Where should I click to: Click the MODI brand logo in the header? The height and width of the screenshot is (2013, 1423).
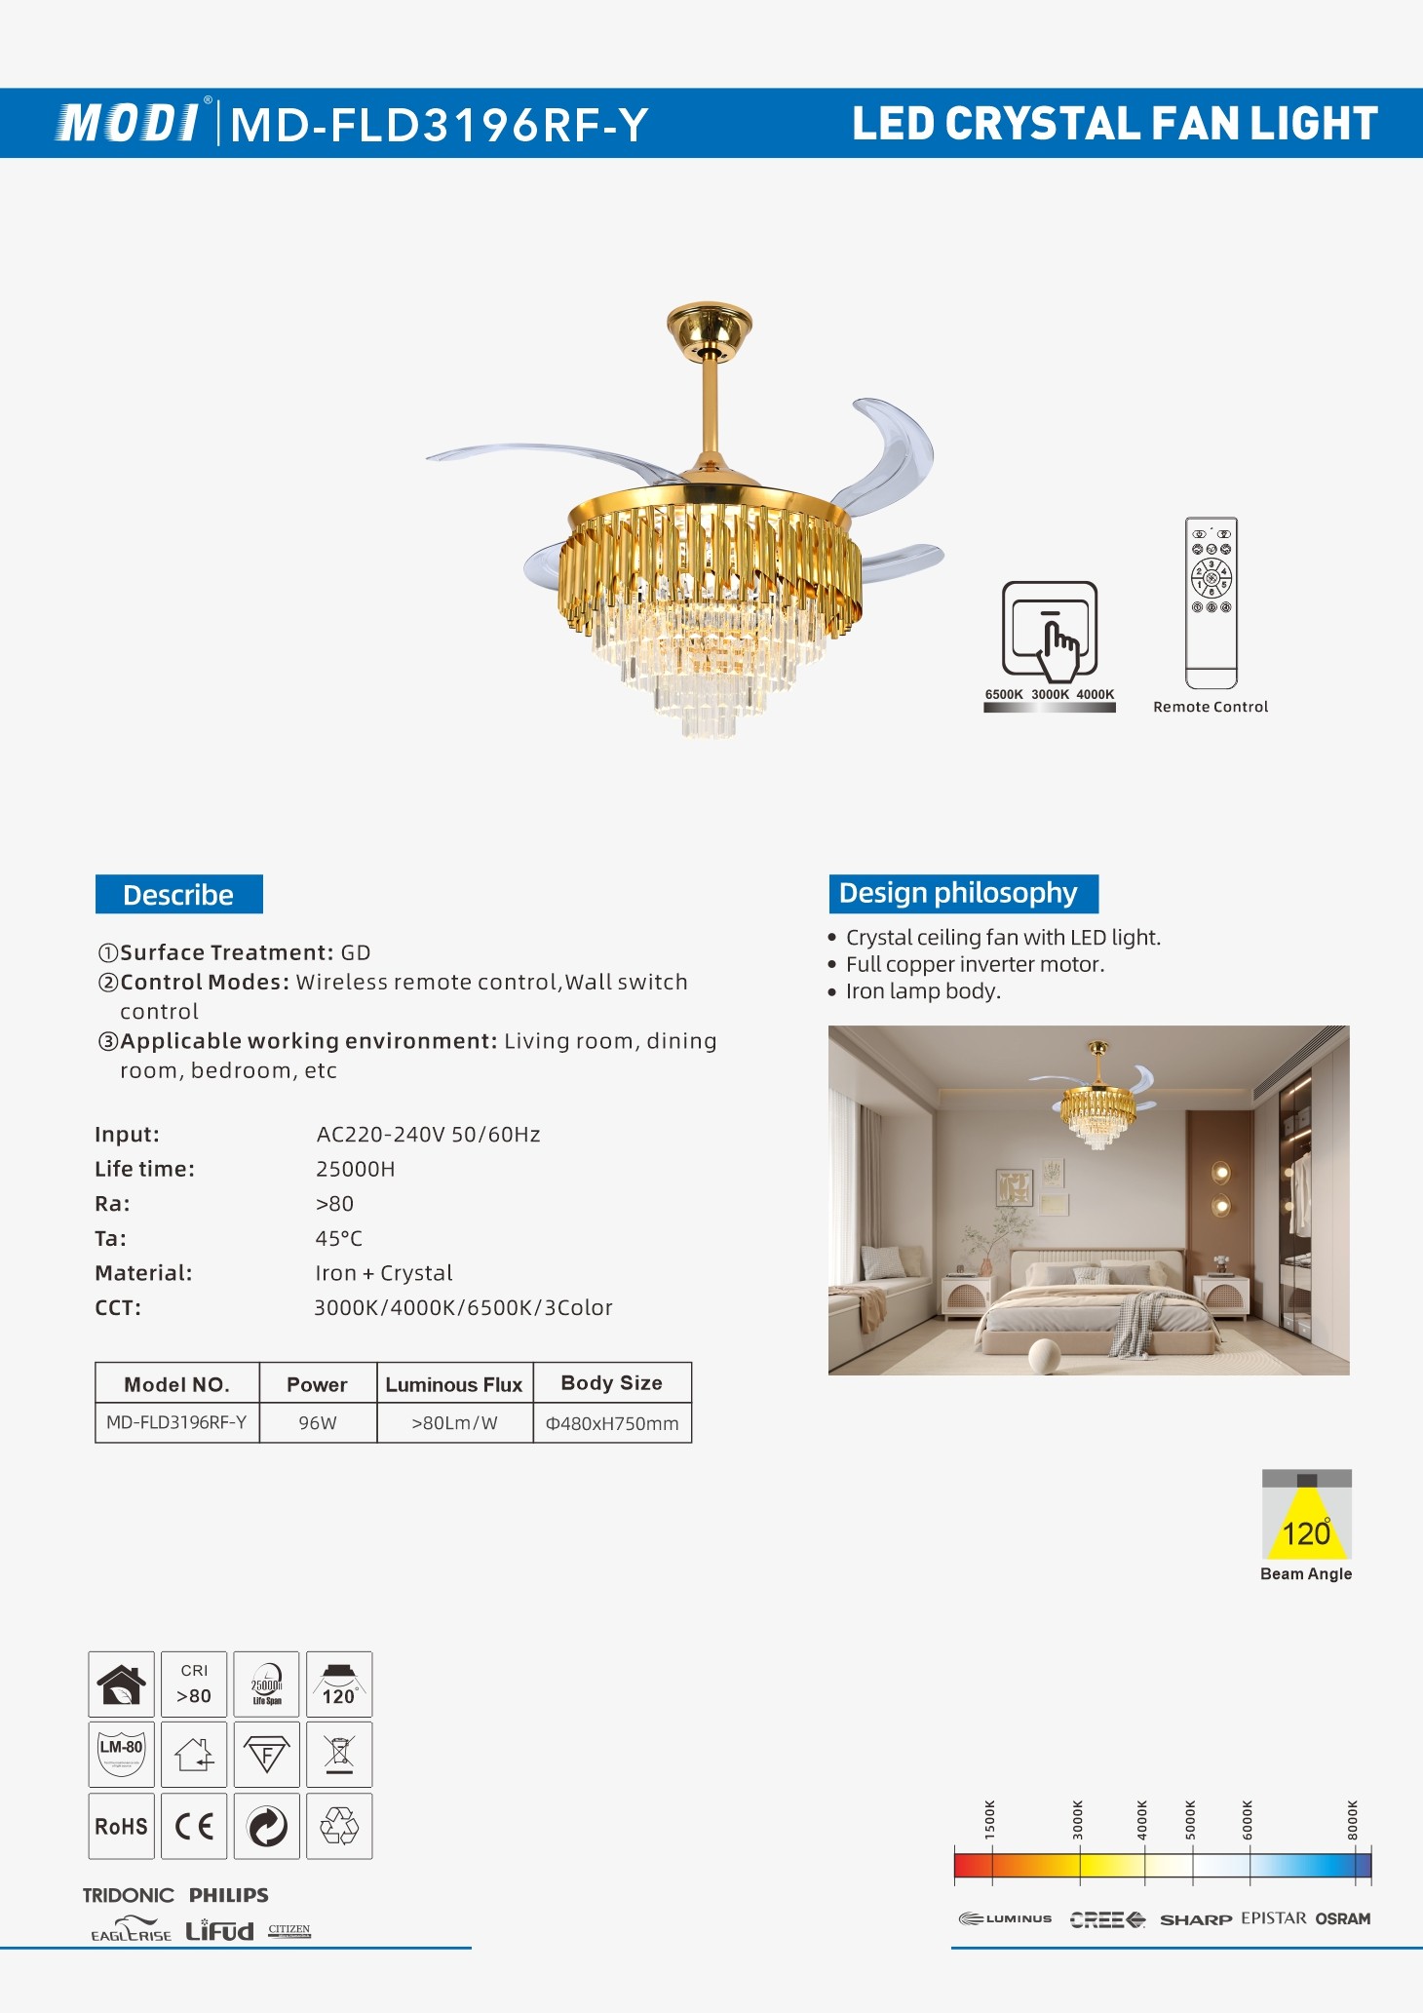(129, 123)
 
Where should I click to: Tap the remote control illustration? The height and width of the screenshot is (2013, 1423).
(1211, 602)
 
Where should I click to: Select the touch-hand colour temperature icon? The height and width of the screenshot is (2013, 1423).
(1050, 631)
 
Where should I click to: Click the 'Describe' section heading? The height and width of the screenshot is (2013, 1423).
(179, 895)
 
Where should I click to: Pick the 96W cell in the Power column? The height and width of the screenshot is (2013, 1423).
(318, 1423)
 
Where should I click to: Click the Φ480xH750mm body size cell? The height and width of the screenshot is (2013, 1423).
(612, 1423)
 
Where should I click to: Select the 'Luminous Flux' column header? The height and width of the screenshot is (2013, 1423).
(454, 1384)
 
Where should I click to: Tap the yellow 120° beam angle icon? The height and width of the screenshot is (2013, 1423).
(1306, 1517)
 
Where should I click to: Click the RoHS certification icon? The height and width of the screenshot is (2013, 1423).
(122, 1826)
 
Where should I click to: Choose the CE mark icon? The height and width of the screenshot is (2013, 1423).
(194, 1826)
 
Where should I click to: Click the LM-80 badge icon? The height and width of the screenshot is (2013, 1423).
(122, 1754)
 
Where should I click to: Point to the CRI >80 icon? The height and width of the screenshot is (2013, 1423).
(194, 1684)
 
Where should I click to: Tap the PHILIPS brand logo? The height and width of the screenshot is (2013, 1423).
(229, 1895)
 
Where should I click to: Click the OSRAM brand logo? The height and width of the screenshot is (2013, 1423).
(1342, 1918)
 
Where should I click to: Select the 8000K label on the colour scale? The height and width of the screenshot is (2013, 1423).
(1352, 1819)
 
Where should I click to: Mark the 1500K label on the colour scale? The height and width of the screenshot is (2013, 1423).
(990, 1819)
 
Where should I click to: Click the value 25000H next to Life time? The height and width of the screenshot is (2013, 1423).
(356, 1169)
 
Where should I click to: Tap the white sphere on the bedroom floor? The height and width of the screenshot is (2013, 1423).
(1044, 1354)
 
